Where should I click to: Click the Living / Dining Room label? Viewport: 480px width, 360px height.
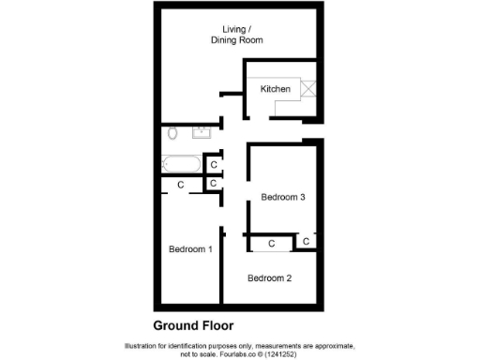pos(236,35)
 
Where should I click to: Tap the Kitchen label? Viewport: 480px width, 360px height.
pos(276,89)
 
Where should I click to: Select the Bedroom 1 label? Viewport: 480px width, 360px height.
pos(190,248)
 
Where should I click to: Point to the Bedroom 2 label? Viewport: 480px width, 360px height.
pos(270,277)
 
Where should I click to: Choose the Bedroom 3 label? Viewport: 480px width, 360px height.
pos(283,197)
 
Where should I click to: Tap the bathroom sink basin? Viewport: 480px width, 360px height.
pos(202,132)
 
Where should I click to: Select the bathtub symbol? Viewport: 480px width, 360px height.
pos(179,165)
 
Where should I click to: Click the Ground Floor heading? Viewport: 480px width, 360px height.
pos(195,326)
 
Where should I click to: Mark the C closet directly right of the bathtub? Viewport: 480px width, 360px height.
pos(214,165)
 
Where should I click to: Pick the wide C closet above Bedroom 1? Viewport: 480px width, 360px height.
pos(180,185)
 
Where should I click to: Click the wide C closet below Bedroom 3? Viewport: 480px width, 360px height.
pos(271,244)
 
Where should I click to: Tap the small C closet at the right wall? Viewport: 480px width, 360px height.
pos(306,242)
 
